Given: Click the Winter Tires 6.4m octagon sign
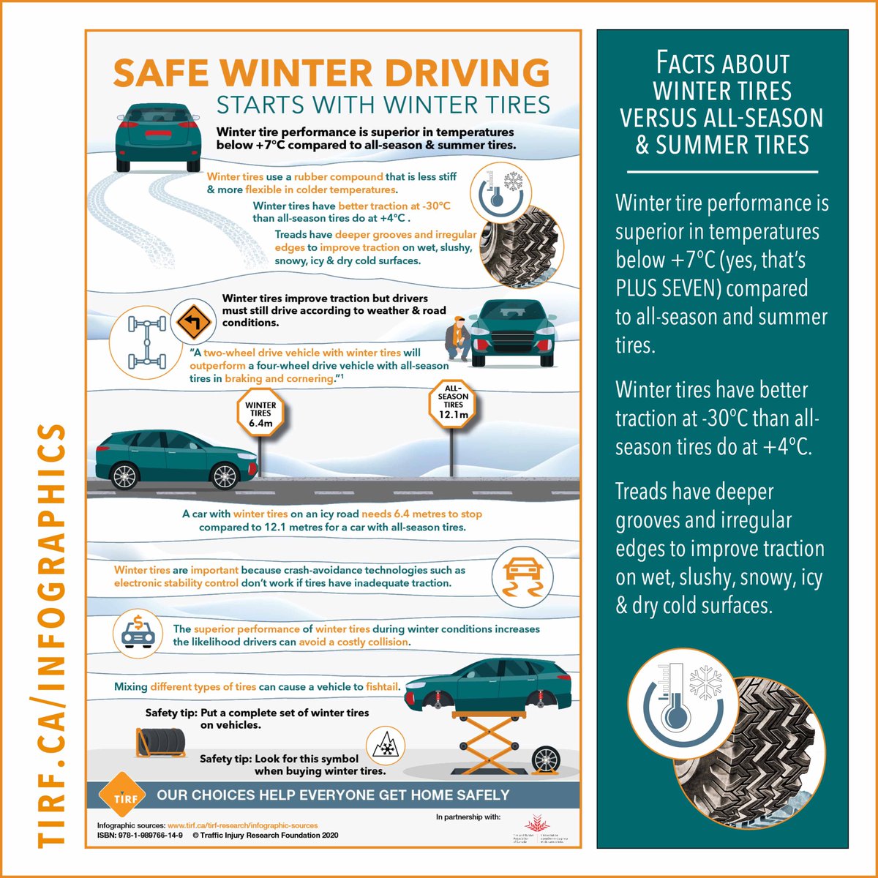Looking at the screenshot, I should click(x=260, y=413).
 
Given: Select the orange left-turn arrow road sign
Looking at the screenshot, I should click(x=192, y=323).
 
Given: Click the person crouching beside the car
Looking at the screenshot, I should click(x=458, y=340).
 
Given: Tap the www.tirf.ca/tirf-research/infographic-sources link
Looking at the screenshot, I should click(x=242, y=825).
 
